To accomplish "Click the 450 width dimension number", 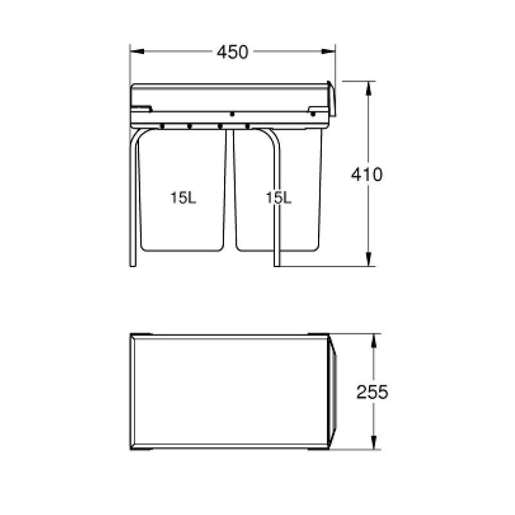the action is coord(232,52).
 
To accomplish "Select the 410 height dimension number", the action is coord(366,174).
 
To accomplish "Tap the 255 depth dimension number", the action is coord(373,392).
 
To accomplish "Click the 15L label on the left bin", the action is coord(183,198).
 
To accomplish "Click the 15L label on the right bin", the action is coord(279,198).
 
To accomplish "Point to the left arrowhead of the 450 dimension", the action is coord(137,51).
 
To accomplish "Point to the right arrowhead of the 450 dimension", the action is coord(328,51).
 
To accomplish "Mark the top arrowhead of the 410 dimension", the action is coord(368,88).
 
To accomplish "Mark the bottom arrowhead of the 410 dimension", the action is coord(368,259).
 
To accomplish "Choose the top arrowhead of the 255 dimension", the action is coord(374,341).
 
